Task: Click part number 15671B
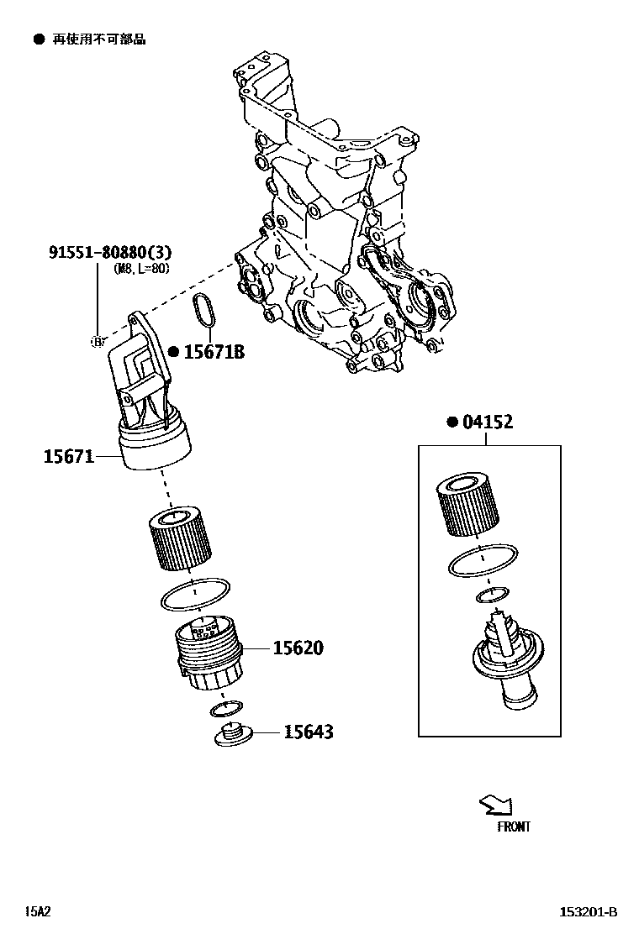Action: click(x=214, y=352)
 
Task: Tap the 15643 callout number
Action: click(x=308, y=732)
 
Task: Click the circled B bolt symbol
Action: click(x=97, y=341)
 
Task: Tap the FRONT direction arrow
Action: click(x=494, y=805)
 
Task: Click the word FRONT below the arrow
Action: click(x=513, y=827)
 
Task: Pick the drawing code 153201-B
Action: click(x=589, y=912)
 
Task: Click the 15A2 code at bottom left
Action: click(x=37, y=911)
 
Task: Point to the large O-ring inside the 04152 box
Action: click(x=482, y=560)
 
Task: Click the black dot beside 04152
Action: click(x=452, y=422)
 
